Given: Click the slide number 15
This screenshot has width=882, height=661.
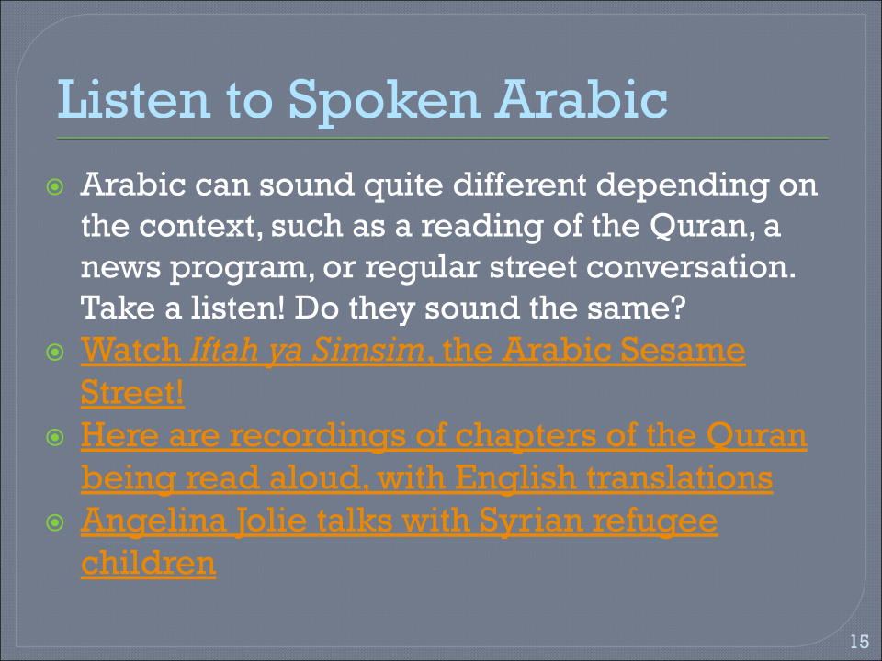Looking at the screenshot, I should pyautogui.click(x=859, y=642).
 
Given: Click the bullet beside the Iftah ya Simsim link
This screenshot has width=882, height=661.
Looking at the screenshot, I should pyautogui.click(x=57, y=353).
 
